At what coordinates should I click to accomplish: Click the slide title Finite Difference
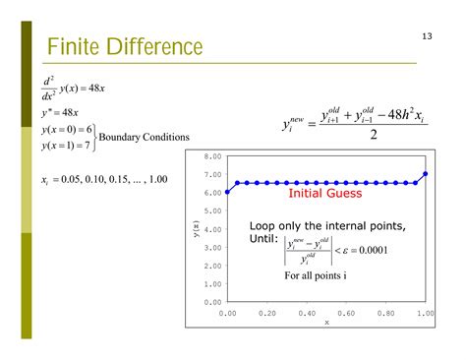pyautogui.click(x=124, y=47)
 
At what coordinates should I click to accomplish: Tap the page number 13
pyautogui.click(x=427, y=36)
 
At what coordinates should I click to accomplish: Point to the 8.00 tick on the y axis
pyautogui.click(x=212, y=156)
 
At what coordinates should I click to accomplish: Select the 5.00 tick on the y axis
pyautogui.click(x=212, y=210)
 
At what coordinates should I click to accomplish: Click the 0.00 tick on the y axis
pyautogui.click(x=212, y=302)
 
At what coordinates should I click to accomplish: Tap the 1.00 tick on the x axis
pyautogui.click(x=425, y=313)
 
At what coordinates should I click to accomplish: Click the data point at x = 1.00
pyautogui.click(x=425, y=174)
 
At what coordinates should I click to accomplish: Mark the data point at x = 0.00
pyautogui.click(x=227, y=192)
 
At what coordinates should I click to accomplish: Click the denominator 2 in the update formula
pyautogui.click(x=374, y=135)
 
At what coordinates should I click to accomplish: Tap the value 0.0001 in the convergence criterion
pyautogui.click(x=371, y=249)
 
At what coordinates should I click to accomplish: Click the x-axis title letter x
pyautogui.click(x=326, y=322)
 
